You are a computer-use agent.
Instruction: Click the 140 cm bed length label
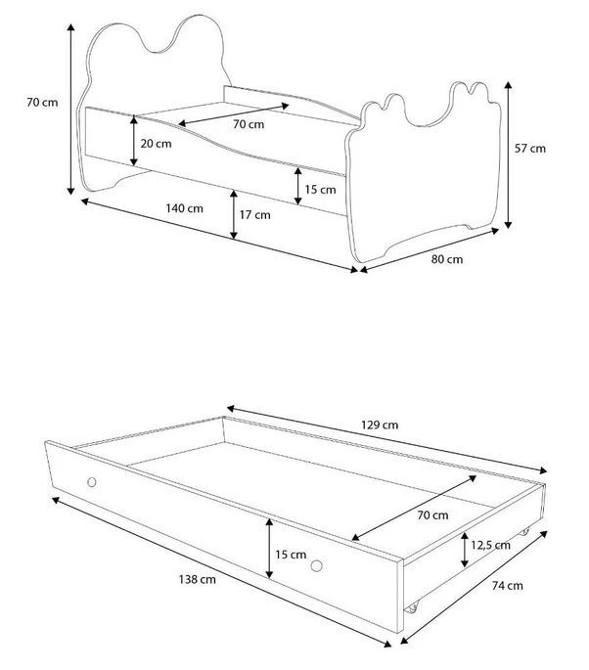tap(184, 208)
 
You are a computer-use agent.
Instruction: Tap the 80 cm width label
tap(447, 259)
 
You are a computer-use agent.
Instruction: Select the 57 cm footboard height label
tap(530, 149)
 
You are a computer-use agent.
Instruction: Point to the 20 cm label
tap(156, 144)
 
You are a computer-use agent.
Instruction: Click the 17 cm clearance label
tap(254, 214)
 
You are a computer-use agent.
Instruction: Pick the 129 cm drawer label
tap(380, 424)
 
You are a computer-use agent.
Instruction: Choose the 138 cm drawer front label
tap(197, 579)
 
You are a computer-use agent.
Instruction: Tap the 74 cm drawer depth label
tap(508, 586)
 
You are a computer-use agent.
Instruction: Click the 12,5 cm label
tap(491, 545)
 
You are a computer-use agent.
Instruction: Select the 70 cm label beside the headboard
tap(42, 103)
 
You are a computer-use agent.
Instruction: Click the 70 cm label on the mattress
tap(249, 124)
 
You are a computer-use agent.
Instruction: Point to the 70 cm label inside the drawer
tap(432, 515)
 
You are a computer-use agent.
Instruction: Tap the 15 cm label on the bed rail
tap(320, 190)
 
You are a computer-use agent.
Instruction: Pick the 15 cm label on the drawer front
tap(291, 555)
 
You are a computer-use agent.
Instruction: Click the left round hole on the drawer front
tap(91, 482)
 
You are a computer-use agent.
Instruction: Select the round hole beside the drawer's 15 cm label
tap(316, 566)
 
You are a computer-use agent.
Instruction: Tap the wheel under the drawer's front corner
tap(413, 607)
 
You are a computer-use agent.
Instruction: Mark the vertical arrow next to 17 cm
tap(234, 214)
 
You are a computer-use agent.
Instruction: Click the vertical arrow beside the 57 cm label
tap(508, 155)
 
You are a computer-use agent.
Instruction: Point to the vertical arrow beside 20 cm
tap(134, 141)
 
